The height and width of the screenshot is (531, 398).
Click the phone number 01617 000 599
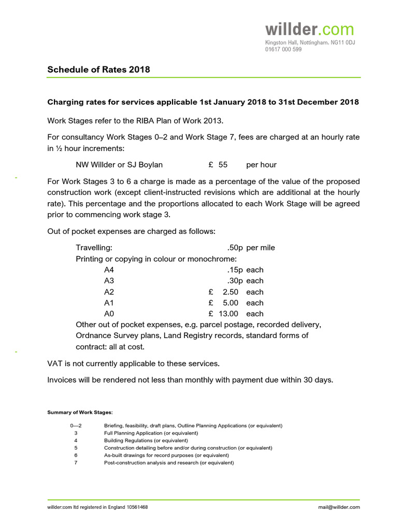click(x=283, y=49)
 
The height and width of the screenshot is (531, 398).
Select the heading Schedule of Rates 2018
click(x=98, y=69)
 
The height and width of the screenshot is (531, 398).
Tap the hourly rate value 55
click(x=223, y=165)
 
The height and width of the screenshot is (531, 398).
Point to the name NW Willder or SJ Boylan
click(x=119, y=165)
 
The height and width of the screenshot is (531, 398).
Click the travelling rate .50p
click(x=235, y=248)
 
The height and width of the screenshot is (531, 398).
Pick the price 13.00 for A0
click(x=228, y=314)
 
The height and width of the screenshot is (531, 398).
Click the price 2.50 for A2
click(x=230, y=292)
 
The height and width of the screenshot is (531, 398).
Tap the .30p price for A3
click(x=235, y=281)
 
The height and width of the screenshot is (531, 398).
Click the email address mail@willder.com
click(x=339, y=507)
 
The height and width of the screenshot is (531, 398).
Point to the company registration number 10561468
click(x=137, y=507)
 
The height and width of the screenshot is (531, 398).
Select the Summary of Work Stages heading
click(x=80, y=412)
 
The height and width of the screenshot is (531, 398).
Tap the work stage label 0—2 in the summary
click(x=76, y=426)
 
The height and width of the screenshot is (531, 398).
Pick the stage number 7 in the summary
click(x=76, y=463)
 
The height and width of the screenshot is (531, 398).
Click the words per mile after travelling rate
click(x=261, y=248)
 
